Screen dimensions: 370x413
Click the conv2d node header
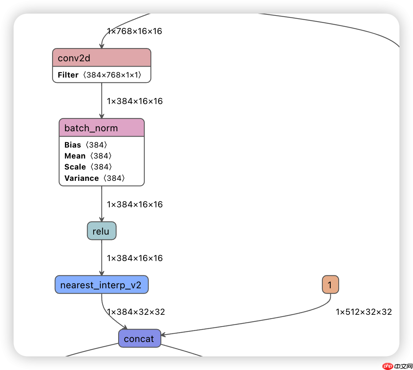click(102, 58)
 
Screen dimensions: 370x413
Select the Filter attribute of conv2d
click(100, 75)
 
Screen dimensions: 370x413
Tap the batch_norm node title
click(102, 128)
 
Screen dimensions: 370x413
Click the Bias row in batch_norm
click(86, 145)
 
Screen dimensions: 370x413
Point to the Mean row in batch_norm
click(88, 156)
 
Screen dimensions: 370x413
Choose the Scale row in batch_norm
click(88, 167)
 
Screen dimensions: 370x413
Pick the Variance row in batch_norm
click(94, 178)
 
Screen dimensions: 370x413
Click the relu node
click(102, 231)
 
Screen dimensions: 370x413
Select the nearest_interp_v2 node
click(102, 285)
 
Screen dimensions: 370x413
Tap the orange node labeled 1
click(330, 285)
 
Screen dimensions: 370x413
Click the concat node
click(139, 339)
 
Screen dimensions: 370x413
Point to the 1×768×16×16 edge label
click(135, 31)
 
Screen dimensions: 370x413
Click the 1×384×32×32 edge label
click(136, 312)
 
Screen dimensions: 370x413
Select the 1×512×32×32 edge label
click(364, 312)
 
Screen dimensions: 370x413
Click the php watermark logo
click(388, 366)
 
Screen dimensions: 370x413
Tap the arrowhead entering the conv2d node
click(102, 46)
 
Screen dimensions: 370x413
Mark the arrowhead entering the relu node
click(102, 219)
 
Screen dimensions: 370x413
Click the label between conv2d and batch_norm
click(135, 101)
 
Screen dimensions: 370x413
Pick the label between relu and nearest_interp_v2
click(135, 258)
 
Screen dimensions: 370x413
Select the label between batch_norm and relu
click(135, 205)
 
